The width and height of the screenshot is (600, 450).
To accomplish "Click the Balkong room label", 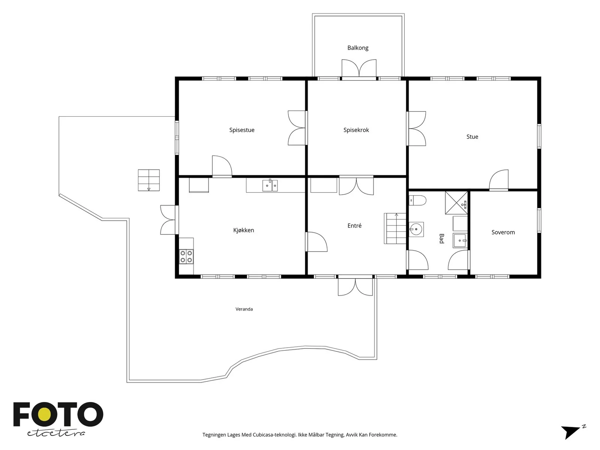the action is pos(357,48).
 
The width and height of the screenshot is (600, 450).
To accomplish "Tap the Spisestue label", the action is pos(241,130).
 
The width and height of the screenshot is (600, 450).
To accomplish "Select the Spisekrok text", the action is pos(356,130).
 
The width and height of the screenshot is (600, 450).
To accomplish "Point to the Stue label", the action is pos(472,136).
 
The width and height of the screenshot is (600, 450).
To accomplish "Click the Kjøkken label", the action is pos(243,230).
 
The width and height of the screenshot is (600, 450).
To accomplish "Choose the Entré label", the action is pos(354,225).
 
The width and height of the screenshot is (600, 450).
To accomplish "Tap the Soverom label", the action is pos(503,232).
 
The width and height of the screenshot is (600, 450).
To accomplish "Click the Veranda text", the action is pos(244,309).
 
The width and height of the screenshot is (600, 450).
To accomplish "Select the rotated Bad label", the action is pos(441,238).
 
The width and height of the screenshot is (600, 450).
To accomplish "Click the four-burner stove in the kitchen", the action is pos(186,256).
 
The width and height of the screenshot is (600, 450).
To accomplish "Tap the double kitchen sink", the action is pos(270,186).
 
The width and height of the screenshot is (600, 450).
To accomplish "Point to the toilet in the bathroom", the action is pos(417,201).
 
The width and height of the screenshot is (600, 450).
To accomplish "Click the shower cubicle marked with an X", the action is pos(456,203).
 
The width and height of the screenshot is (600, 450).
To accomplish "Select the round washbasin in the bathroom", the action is pos(416,229).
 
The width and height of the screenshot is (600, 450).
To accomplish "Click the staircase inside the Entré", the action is pos(395,228).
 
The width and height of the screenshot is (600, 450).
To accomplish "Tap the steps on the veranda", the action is pos(149,180).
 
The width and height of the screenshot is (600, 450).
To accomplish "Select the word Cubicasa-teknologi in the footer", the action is pos(274,435).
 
